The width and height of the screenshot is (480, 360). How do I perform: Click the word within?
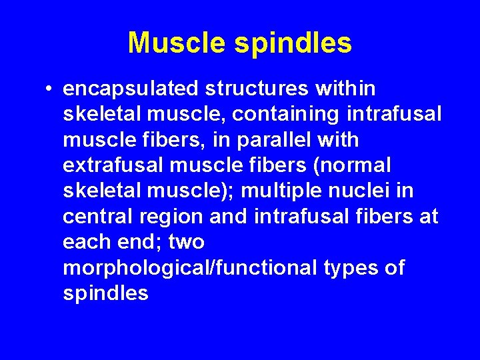347,89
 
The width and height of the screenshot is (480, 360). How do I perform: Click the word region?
167,217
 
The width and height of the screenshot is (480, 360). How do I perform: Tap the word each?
87,242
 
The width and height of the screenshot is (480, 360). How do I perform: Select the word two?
187,242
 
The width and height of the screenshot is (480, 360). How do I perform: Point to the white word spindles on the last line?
105,293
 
